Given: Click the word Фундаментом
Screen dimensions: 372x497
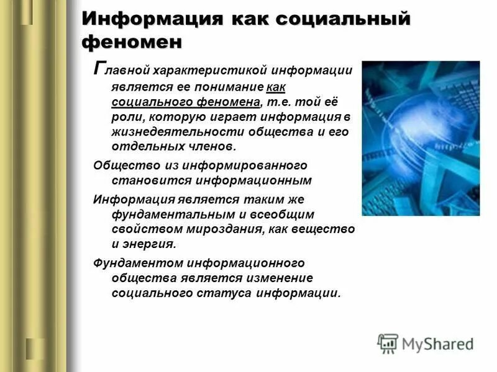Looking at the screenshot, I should point(132,263).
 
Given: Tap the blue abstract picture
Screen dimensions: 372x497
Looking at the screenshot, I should point(421,138).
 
